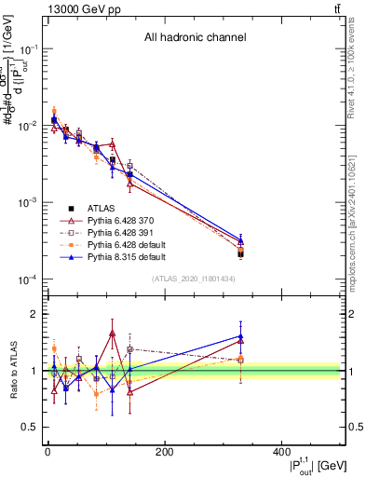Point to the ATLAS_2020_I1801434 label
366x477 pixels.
194,279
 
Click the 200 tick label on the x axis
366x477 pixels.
165,452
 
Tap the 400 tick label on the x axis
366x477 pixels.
281,452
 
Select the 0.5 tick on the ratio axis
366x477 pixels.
30,427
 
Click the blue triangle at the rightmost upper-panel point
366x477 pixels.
241,240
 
